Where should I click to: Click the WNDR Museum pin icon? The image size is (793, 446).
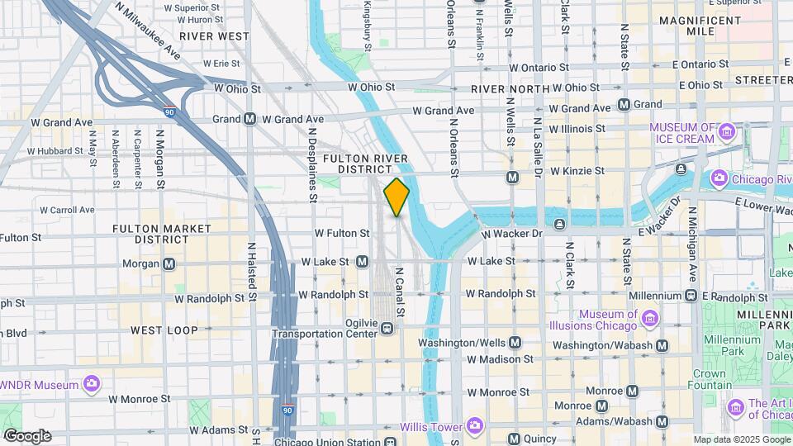92,384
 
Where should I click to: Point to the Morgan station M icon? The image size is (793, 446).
169,263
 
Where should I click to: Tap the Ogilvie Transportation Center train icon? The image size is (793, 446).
386,329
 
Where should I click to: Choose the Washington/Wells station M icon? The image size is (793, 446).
515,342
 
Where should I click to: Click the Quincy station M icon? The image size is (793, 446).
513,439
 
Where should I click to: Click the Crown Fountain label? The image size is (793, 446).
709,379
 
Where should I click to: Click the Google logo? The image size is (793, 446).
27,435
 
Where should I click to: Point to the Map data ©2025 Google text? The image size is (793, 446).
740,439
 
